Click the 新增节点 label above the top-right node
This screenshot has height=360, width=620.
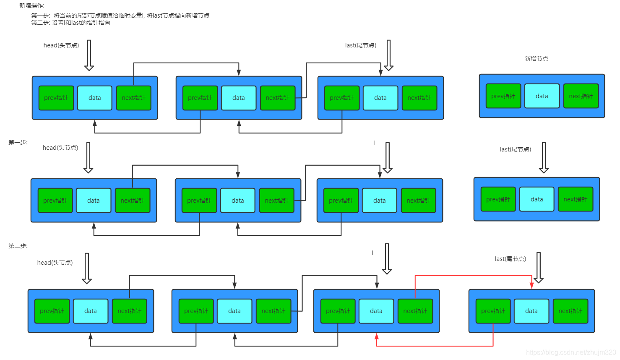point(536,59)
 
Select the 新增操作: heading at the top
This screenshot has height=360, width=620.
point(32,5)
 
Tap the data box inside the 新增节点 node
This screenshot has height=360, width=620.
point(542,96)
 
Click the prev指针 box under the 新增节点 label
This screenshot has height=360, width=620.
point(503,96)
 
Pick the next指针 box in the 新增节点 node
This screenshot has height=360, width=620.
point(581,96)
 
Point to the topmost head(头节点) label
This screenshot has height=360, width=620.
point(61,45)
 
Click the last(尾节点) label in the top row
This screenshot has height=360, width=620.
point(360,45)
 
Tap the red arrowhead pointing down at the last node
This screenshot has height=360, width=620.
point(531,285)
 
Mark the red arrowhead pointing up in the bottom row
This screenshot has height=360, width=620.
point(377,337)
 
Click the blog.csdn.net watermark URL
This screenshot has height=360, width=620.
point(571,352)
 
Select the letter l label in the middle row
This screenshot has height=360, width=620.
point(374,143)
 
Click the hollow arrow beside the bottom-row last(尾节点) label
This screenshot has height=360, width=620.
point(539,267)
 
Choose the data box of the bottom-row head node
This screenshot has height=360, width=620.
point(91,311)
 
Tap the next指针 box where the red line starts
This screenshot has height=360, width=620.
point(415,311)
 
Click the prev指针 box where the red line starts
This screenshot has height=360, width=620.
point(493,311)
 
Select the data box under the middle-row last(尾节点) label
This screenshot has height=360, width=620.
point(537,199)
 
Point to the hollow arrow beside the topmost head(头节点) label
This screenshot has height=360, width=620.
point(89,55)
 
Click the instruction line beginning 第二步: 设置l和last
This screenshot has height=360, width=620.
point(70,23)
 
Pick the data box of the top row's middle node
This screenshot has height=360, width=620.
point(239,98)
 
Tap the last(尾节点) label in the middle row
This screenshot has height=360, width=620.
point(515,149)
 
